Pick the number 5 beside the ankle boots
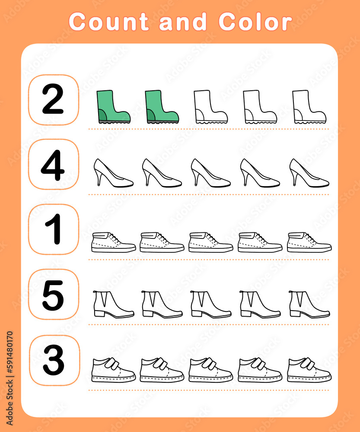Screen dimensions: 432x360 coord(53,295)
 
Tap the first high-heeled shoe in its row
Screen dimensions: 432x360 coord(113,173)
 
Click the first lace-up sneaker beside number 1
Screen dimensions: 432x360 coord(114,242)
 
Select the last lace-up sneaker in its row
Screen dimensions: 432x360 coord(309,242)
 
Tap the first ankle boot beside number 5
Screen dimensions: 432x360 coord(113,305)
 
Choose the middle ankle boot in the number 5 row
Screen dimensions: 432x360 coord(211,305)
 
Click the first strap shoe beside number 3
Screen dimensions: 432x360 coord(113,370)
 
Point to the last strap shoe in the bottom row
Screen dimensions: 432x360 coord(309,370)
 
